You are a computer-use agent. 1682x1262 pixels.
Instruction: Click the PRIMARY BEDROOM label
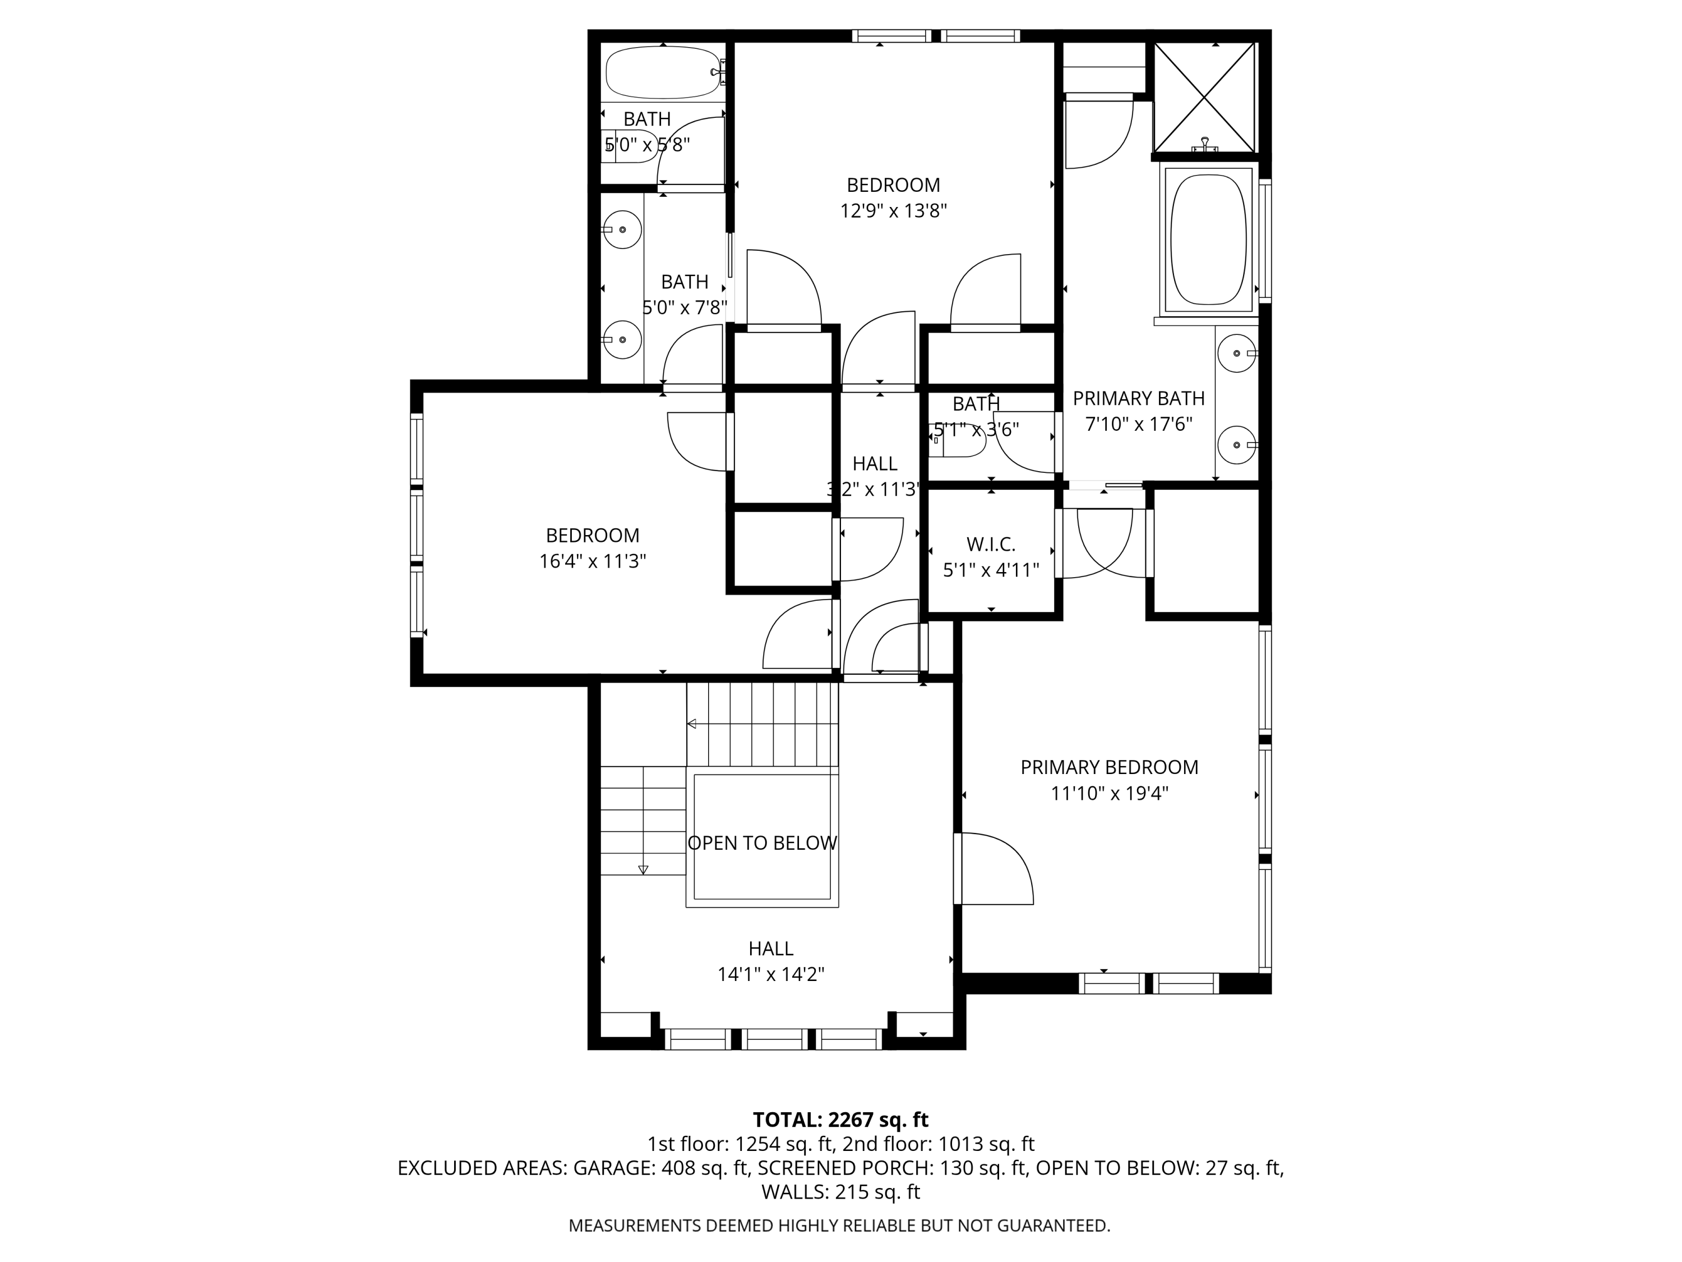click(1108, 767)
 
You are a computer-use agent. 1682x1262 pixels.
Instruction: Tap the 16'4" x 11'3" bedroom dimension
click(593, 561)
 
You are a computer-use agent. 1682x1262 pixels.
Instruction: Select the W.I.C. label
click(991, 544)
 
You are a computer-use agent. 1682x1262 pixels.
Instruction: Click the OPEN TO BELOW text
click(762, 843)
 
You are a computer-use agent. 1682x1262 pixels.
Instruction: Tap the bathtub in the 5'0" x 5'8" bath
click(662, 72)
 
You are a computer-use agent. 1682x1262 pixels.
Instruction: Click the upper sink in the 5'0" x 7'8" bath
click(622, 229)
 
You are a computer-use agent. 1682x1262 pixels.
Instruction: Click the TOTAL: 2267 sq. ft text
click(840, 1120)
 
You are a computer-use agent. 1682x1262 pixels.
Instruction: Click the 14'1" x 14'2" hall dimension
click(770, 974)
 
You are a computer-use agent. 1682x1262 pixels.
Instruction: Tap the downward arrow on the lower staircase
click(643, 869)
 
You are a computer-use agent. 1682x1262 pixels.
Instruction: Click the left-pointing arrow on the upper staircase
click(691, 724)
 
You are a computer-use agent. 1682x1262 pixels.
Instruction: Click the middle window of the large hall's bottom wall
click(775, 1039)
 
